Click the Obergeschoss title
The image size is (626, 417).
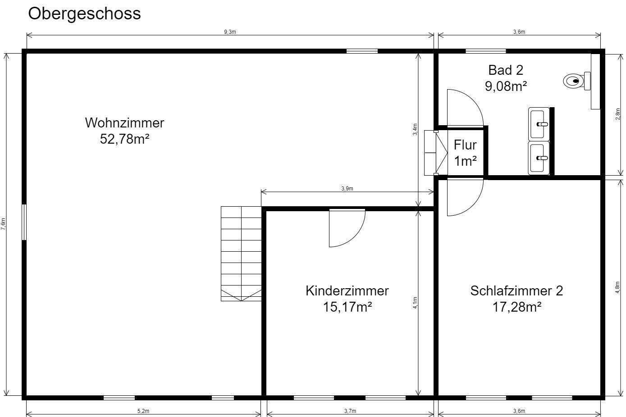[84, 14]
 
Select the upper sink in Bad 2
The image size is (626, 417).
[539, 123]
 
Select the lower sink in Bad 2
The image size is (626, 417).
[539, 158]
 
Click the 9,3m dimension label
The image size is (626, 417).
[230, 32]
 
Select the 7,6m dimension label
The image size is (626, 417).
[4, 224]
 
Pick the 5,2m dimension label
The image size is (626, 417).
[143, 411]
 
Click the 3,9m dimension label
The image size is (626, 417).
[347, 189]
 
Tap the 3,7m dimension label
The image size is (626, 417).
[350, 411]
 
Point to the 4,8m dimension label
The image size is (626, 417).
[617, 288]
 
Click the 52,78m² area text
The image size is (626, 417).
[124, 139]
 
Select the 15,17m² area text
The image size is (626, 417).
[347, 307]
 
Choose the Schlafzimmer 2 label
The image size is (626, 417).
[516, 291]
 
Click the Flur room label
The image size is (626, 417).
[465, 145]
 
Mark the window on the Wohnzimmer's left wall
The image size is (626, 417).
[24, 222]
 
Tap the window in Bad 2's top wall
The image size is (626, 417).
[485, 51]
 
